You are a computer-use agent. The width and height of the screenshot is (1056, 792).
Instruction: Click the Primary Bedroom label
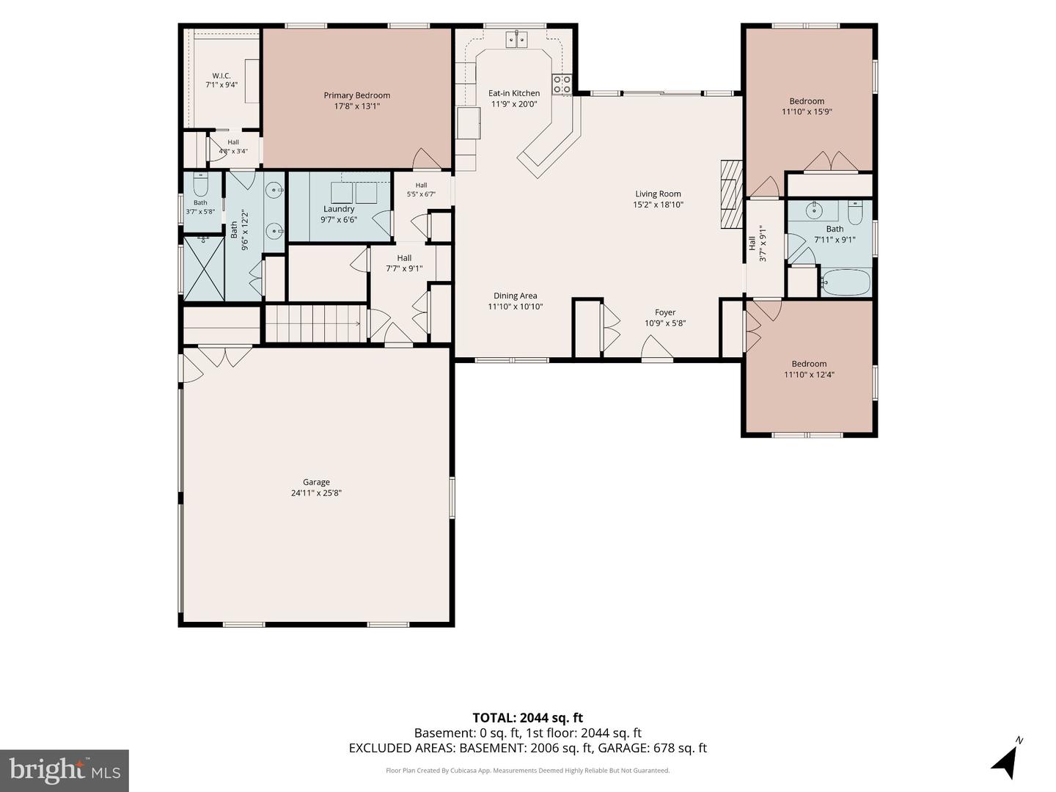(x=356, y=95)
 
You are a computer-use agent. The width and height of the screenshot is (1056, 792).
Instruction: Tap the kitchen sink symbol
(x=516, y=40)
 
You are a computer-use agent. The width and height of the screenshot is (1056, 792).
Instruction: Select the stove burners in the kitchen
(x=562, y=84)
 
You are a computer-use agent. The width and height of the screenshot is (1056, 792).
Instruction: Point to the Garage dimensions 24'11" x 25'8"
(x=316, y=492)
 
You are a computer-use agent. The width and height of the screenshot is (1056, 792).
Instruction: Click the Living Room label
(x=658, y=194)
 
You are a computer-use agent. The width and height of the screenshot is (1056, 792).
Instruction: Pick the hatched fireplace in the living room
(x=731, y=194)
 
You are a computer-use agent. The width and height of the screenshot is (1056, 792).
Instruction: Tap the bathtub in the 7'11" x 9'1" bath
(x=846, y=282)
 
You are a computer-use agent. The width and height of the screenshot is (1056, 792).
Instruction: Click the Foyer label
(x=665, y=312)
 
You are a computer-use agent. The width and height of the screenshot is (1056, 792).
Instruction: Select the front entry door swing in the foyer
(x=656, y=347)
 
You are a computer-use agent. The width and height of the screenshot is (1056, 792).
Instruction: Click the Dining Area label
(x=515, y=296)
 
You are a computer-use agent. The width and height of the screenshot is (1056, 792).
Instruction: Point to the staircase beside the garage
(x=313, y=323)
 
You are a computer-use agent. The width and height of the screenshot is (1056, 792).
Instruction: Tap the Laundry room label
(x=339, y=209)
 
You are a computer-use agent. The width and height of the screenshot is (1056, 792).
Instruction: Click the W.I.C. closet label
(x=221, y=76)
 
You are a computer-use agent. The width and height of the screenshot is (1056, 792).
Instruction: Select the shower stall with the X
(x=204, y=268)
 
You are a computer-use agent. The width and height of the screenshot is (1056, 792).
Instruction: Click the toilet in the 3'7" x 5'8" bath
(x=200, y=183)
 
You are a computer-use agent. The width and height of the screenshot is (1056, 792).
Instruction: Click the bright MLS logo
(x=65, y=770)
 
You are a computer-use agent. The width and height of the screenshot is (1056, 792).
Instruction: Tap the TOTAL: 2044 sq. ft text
(x=527, y=718)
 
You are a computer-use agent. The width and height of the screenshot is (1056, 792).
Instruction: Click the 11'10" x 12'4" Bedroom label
(x=809, y=364)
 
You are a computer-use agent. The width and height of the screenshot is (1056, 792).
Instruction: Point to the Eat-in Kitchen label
(x=514, y=93)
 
